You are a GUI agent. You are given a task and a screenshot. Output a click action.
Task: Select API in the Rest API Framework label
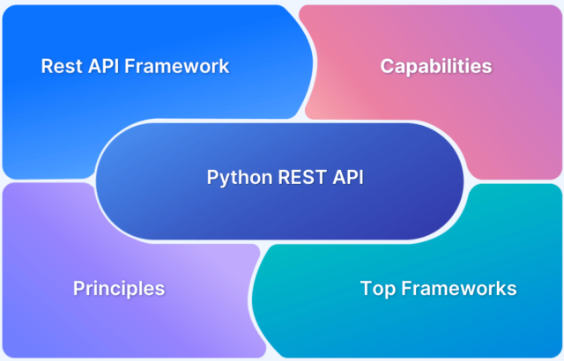[104, 66]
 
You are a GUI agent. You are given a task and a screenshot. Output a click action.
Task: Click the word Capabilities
[435, 66]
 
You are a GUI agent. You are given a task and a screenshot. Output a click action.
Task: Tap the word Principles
[118, 288]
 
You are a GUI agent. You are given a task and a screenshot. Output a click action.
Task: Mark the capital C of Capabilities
[386, 66]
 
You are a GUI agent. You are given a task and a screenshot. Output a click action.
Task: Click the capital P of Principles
[78, 288]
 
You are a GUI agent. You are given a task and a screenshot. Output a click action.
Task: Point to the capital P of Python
[211, 176]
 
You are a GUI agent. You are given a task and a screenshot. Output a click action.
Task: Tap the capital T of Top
[366, 288]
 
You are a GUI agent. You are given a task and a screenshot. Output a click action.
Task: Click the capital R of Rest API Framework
[47, 66]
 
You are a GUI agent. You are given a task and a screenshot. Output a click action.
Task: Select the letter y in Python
[223, 179]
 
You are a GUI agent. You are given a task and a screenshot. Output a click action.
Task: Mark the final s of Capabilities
[487, 67]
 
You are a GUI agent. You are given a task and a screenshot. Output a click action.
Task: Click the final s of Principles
[160, 289]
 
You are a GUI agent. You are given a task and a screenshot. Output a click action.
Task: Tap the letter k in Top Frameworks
[501, 288]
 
